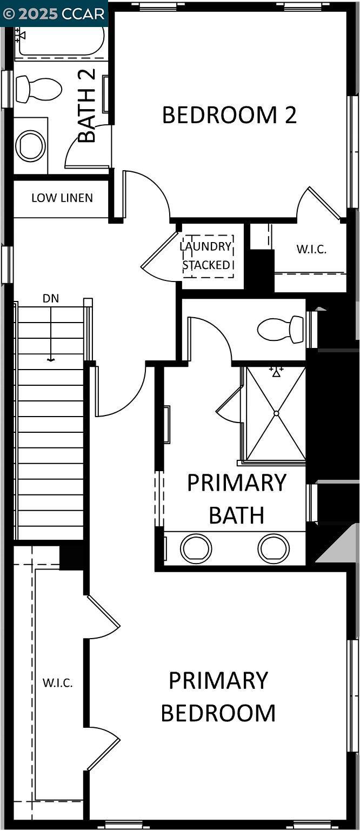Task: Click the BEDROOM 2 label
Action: click(229, 115)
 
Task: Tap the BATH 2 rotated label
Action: click(87, 105)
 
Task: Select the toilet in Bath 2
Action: click(38, 89)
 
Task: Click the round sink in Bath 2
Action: click(30, 146)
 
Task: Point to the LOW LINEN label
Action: click(62, 198)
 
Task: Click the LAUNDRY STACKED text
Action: click(207, 256)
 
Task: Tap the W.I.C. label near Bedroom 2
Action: click(311, 250)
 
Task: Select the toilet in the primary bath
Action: click(281, 329)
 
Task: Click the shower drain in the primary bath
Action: click(276, 413)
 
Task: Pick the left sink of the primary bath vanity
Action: click(196, 548)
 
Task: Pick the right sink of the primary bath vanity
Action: click(274, 548)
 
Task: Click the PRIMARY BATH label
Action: click(236, 499)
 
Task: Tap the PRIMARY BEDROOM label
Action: click(218, 696)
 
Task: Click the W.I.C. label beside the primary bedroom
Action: click(57, 682)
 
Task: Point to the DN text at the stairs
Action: click(51, 298)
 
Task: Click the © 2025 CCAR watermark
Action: click(54, 14)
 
